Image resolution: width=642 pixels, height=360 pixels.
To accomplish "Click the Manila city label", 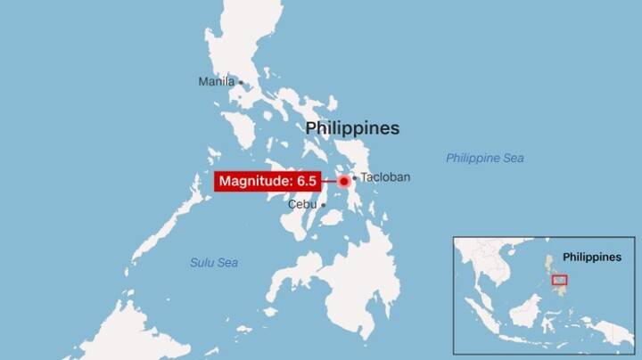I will coord(216,82).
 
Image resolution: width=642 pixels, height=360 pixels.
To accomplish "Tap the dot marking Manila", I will coord(241,83).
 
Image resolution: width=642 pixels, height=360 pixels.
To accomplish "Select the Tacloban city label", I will coord(385,177).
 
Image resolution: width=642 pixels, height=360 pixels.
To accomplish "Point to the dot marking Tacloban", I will coord(354,177).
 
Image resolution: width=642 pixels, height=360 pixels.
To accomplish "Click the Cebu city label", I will coord(301,204).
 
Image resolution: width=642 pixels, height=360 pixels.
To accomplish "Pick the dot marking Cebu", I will coord(324,204).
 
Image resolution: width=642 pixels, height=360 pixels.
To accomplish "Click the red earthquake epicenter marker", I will coord(343,182).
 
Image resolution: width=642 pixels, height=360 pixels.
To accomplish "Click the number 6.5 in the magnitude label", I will coord(307,182).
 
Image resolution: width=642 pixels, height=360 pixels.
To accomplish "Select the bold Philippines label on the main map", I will coord(352,128).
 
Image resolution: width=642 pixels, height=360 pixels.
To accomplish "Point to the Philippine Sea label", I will coord(485,159).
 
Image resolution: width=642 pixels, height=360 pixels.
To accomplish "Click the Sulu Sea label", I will coord(214,263).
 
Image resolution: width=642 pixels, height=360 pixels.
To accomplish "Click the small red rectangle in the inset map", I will coord(560,280).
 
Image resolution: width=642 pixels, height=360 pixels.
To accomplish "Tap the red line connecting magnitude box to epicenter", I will coord(328,182).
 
